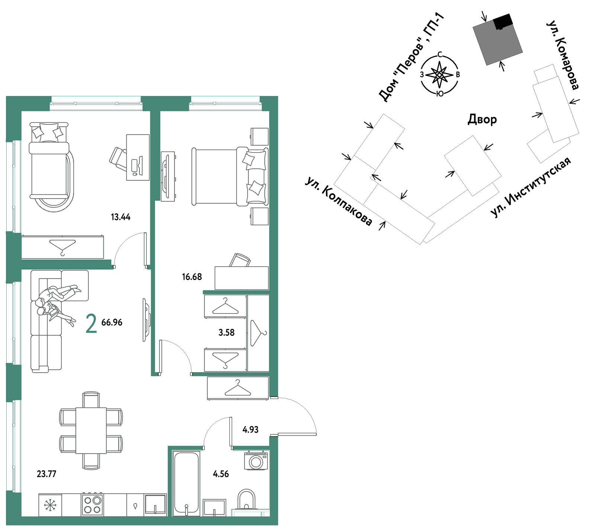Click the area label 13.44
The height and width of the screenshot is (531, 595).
(120, 217)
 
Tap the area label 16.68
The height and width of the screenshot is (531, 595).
(192, 277)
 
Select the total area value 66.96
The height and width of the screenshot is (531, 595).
(112, 322)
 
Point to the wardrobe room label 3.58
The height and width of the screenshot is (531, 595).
(226, 332)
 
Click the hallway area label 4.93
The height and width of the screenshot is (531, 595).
(250, 429)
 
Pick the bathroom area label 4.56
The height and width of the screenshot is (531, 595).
(221, 474)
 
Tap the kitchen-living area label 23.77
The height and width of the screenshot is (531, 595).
(46, 474)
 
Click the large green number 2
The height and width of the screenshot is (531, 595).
(91, 323)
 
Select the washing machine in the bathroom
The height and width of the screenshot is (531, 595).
(256, 461)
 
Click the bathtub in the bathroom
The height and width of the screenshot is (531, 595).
(186, 483)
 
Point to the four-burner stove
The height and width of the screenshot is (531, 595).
(92, 505)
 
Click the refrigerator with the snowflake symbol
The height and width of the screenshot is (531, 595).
(50, 505)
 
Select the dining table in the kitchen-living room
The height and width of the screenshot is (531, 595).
(91, 430)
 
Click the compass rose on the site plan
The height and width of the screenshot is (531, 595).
(440, 75)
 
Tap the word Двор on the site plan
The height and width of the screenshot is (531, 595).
(482, 119)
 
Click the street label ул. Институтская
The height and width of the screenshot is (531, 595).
(530, 187)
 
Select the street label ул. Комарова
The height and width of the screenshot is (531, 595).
(563, 55)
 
